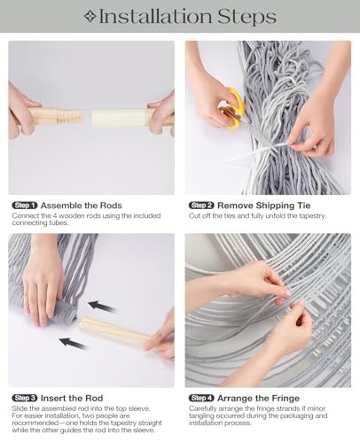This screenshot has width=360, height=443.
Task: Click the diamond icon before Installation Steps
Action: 90,17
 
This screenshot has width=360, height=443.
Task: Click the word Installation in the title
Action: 155,17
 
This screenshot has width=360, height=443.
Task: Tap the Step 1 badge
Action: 25,206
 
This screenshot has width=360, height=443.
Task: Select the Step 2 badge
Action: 201,206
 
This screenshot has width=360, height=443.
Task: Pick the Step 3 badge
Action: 25,398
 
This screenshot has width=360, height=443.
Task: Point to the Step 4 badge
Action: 201,398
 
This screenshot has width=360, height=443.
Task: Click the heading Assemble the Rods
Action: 82,206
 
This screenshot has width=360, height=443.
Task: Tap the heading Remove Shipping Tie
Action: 264,206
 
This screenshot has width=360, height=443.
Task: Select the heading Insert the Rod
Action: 72,398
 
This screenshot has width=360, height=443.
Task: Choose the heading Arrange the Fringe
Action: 258,398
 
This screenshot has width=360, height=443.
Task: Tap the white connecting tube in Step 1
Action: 118,118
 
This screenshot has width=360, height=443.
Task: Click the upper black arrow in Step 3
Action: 101,307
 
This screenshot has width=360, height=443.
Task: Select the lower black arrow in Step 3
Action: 73,343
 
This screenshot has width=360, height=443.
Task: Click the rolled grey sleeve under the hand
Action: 64,313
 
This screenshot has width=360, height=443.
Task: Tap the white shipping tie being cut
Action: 260,151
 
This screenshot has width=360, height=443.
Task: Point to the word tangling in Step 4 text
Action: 201,416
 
